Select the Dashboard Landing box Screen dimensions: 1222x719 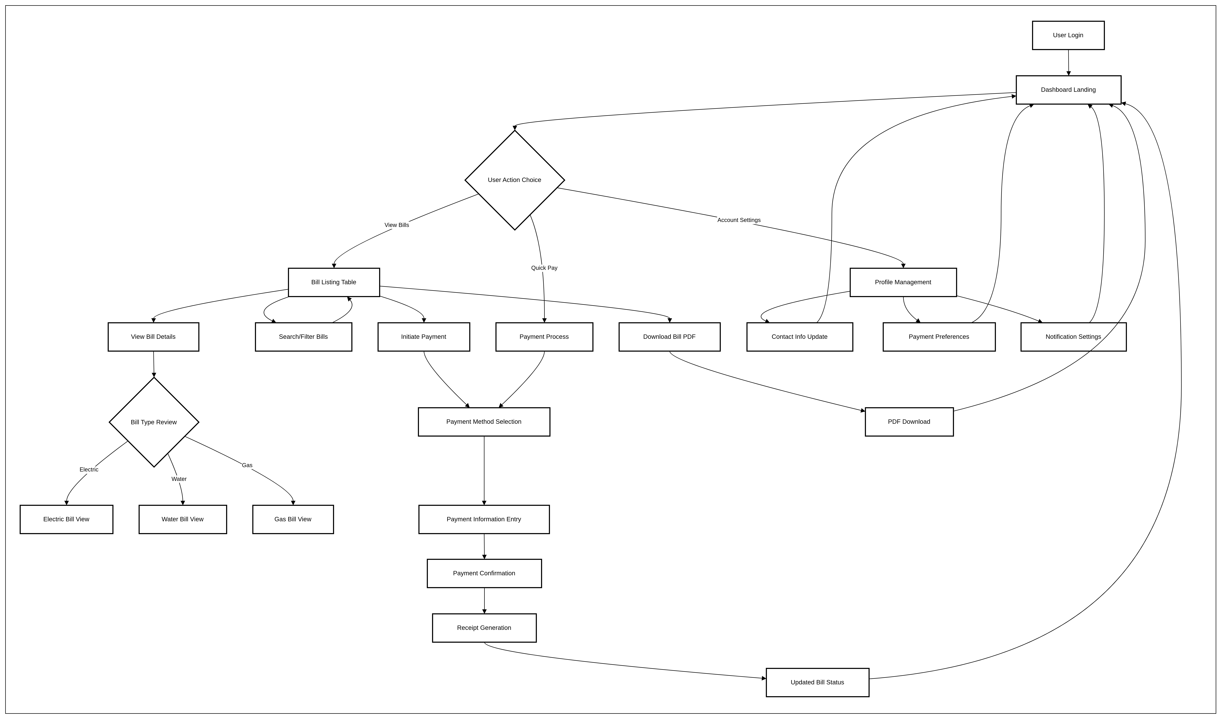(x=1068, y=90)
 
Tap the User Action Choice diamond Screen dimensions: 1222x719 (x=514, y=180)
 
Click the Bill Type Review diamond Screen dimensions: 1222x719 (x=154, y=422)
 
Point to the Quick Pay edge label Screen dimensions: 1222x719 (x=544, y=268)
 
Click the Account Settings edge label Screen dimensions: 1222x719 (x=739, y=220)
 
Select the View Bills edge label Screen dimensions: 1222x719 (x=397, y=225)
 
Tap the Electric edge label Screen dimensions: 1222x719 (x=89, y=470)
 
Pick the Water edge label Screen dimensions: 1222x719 (x=179, y=479)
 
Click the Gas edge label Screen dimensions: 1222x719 (x=247, y=465)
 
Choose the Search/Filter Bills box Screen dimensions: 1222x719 (x=304, y=337)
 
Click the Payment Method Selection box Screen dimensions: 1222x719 (x=484, y=422)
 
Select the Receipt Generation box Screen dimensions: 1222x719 (x=484, y=628)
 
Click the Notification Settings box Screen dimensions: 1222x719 (x=1073, y=337)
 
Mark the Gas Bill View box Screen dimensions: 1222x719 (x=293, y=519)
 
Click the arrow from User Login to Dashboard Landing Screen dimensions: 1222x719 (x=1068, y=63)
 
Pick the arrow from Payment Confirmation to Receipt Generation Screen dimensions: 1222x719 (x=484, y=601)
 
